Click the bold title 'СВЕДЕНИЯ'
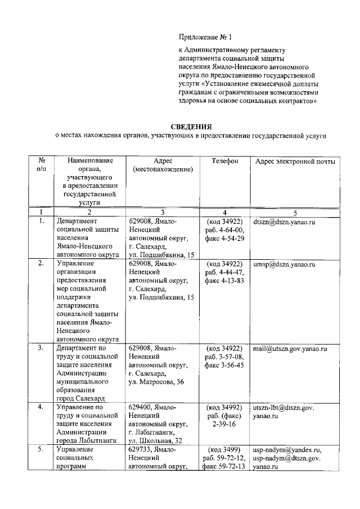point(190,126)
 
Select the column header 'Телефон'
point(224,161)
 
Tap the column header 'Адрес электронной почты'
point(295,161)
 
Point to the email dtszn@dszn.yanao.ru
point(283,223)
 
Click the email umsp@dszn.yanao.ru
point(284,264)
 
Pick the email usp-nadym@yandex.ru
point(287,450)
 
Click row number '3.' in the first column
point(41,349)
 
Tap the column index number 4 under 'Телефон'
point(224,213)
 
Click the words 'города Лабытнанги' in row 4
point(85,441)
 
